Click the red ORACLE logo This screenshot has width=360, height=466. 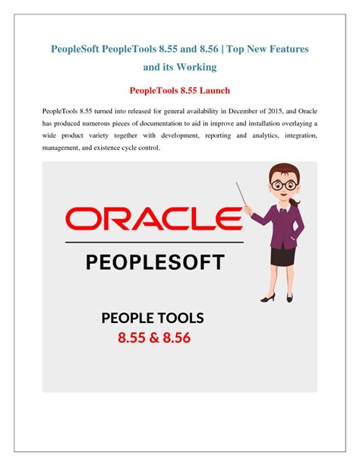(x=154, y=219)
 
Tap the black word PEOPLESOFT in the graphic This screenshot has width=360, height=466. (x=155, y=262)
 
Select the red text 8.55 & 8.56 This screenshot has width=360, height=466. (x=154, y=338)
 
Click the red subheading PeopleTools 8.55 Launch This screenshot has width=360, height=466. (x=180, y=90)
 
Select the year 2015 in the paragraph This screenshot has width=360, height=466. (x=275, y=111)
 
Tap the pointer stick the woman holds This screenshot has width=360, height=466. (x=241, y=194)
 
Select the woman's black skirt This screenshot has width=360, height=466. (x=283, y=256)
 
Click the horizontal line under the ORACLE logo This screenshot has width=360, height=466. (x=154, y=243)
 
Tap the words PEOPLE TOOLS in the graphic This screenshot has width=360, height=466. (x=153, y=318)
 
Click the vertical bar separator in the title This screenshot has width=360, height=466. (x=223, y=49)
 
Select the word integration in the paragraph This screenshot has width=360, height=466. (x=301, y=135)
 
